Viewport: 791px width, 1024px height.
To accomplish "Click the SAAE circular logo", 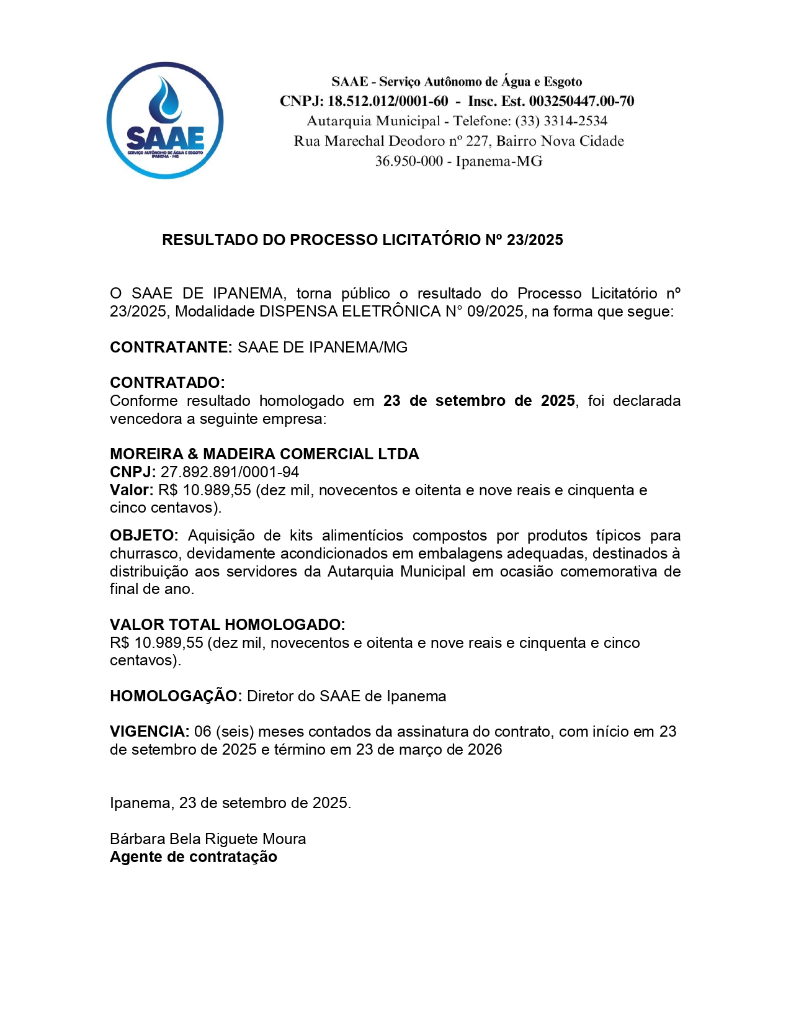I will point(165,120).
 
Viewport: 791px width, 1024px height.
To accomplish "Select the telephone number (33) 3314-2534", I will point(561,121).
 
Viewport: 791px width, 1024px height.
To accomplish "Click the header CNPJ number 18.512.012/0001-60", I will point(387,101).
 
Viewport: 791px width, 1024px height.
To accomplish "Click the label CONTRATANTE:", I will point(171,348).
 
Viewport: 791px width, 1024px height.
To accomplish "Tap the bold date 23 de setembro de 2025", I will point(479,401).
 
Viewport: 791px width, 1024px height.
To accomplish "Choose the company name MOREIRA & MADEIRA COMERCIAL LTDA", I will point(264,454).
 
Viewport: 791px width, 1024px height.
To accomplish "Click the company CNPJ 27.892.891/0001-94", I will point(230,472).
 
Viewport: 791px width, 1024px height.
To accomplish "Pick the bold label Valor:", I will point(132,490).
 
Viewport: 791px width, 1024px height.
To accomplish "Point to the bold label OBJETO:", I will point(144,536).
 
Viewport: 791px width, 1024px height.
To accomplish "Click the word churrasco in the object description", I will point(145,554).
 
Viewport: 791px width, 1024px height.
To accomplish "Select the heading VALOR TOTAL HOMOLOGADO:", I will point(227,625).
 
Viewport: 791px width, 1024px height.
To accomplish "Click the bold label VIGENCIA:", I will point(150,732).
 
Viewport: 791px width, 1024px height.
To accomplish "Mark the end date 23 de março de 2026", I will point(429,750).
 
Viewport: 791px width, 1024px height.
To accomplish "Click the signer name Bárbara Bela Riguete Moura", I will point(208,839).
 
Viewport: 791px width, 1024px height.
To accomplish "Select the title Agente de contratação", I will point(194,857).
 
